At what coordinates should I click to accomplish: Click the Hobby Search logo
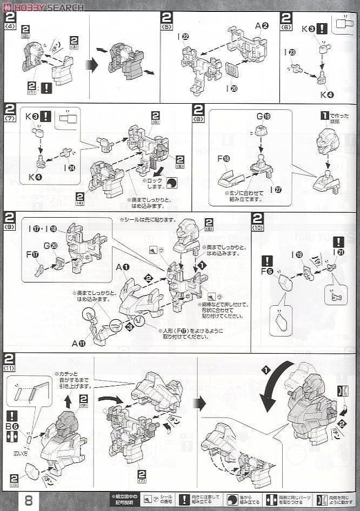pos(43,8)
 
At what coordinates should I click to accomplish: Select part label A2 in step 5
pos(262,25)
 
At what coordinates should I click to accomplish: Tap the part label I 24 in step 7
pos(70,169)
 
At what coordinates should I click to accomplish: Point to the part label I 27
pos(276,190)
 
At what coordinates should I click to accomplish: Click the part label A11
pos(78,342)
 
